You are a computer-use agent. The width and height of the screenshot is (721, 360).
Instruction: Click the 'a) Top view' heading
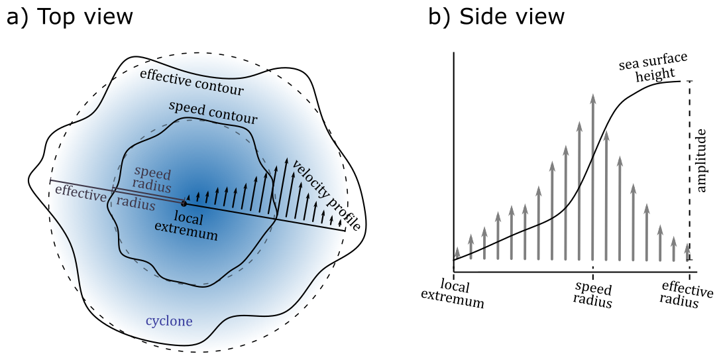click(69, 17)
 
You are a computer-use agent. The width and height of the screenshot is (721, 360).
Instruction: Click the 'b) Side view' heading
click(496, 17)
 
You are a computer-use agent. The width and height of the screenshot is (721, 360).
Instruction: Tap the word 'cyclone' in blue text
click(169, 322)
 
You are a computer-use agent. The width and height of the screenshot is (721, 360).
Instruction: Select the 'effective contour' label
click(192, 82)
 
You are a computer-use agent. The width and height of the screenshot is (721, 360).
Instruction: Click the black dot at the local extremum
click(183, 202)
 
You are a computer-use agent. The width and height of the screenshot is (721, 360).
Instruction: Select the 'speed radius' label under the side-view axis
click(593, 296)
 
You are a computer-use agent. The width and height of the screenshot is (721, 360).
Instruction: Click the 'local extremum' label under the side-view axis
click(454, 296)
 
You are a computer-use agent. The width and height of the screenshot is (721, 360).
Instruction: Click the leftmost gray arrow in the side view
click(457, 253)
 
